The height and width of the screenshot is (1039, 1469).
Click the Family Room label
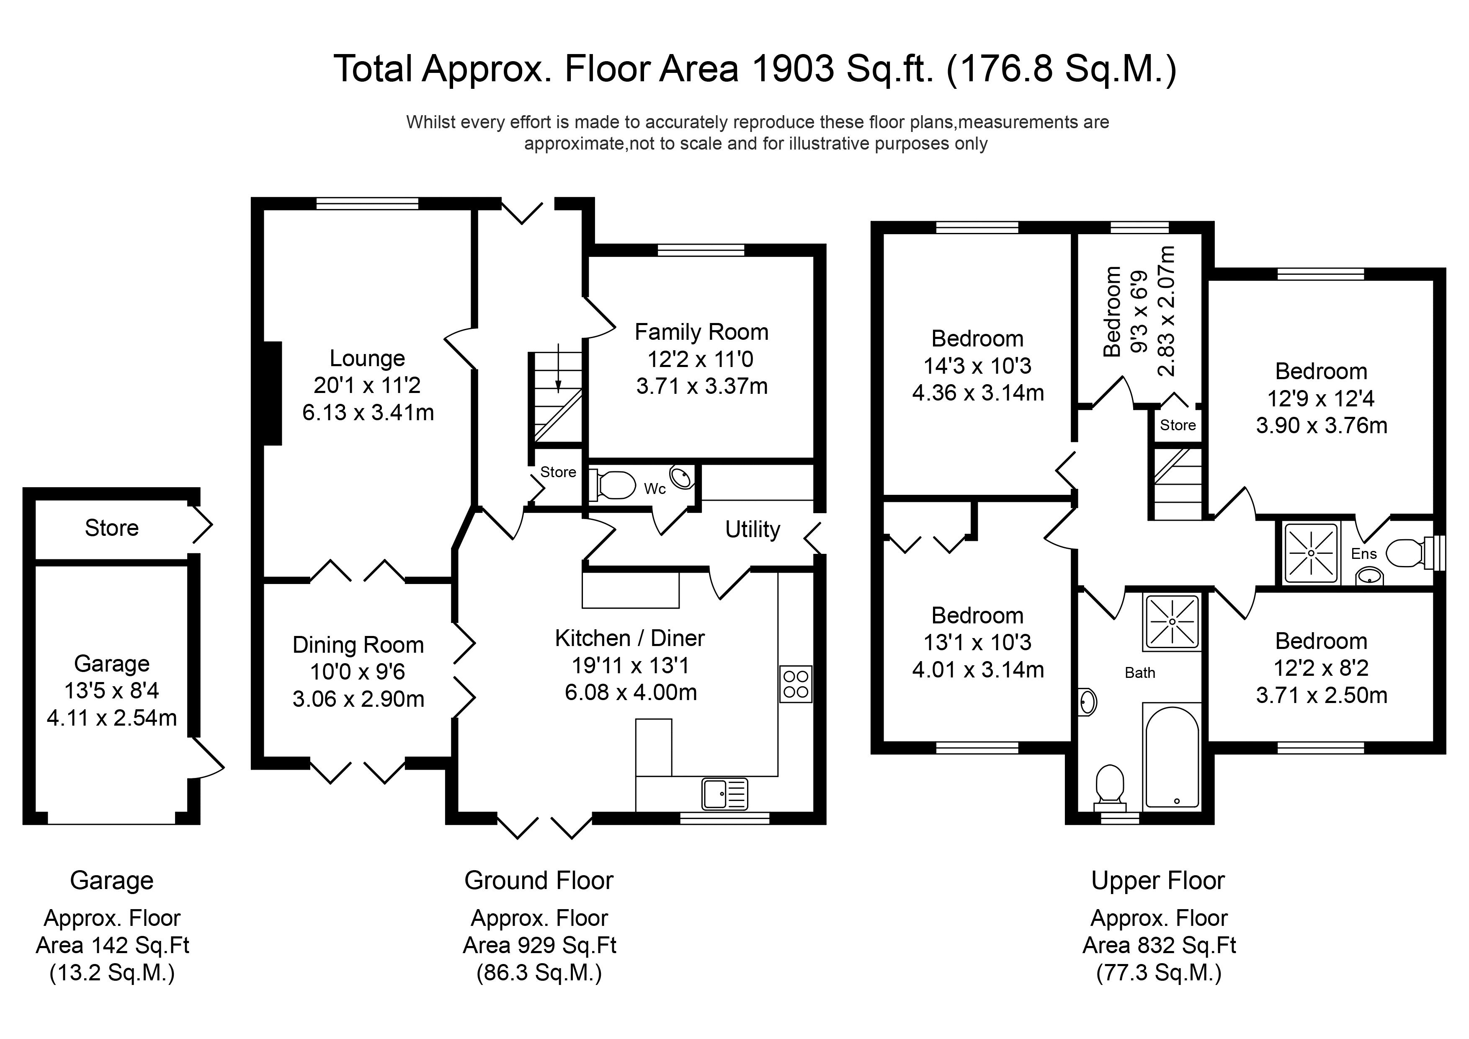tap(701, 332)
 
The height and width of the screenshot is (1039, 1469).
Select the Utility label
tap(753, 530)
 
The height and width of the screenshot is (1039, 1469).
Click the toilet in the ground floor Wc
tap(613, 485)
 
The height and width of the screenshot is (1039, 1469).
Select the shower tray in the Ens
tap(1311, 553)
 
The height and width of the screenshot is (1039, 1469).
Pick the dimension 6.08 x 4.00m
tap(631, 693)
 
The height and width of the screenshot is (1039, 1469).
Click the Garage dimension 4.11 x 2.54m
tap(112, 718)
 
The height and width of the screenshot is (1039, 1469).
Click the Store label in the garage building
tap(111, 528)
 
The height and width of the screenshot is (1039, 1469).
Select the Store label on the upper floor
tap(1178, 425)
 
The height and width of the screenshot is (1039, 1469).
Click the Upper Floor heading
tap(1158, 881)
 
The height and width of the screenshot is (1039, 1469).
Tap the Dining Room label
tap(358, 645)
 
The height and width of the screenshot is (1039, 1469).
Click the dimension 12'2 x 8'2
tap(1321, 668)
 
